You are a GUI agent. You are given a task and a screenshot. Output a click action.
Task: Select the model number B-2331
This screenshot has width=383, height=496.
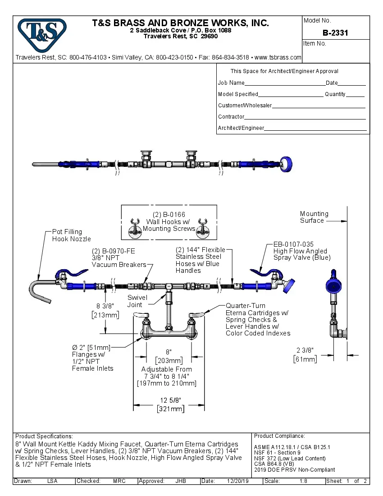[335, 33]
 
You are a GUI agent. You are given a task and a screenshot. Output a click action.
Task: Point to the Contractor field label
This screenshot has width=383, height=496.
[231, 117]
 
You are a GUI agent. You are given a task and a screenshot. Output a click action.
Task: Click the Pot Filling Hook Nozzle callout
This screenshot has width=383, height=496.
[71, 235]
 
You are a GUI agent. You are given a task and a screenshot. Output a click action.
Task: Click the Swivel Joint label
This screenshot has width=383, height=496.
[135, 301]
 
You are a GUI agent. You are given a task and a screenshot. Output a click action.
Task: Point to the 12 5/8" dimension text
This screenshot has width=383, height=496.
[170, 400]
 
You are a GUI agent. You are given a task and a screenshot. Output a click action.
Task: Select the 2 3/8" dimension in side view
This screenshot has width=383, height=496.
[305, 350]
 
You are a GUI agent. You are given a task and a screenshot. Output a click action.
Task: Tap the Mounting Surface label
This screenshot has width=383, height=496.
[314, 217]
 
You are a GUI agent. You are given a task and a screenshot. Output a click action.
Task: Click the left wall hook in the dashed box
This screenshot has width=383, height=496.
[134, 229]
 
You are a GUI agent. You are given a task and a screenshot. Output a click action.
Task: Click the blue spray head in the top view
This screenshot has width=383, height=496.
[285, 164]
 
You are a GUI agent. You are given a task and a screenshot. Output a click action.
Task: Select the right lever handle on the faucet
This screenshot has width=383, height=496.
[197, 314]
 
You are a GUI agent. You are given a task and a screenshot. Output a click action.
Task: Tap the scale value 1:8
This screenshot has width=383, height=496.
[304, 481]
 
